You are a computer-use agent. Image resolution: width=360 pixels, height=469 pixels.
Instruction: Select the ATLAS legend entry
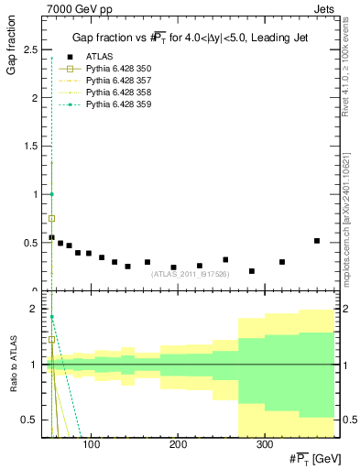click(x=99, y=57)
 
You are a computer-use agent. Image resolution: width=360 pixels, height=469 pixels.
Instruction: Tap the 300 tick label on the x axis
click(x=264, y=444)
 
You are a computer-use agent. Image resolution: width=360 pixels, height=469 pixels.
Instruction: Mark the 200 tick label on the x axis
click(x=178, y=444)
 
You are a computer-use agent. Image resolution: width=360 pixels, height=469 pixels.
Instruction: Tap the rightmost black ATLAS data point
click(x=317, y=241)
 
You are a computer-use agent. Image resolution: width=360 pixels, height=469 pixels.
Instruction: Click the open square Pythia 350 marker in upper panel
click(x=52, y=218)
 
